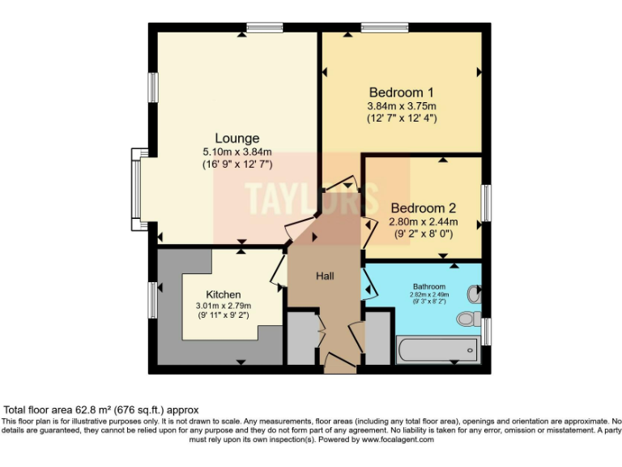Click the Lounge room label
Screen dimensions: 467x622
236,138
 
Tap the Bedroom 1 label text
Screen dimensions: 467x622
402,92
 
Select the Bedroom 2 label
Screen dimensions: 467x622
424,208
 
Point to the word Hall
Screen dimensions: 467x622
325,276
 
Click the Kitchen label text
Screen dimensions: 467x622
223,294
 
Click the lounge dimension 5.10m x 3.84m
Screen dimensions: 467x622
236,152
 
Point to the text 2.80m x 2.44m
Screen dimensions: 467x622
424,221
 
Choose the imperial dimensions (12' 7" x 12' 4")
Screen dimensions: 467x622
402,118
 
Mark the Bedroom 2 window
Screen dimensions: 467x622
486,203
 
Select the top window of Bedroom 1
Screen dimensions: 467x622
384,28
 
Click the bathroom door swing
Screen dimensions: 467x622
369,283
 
